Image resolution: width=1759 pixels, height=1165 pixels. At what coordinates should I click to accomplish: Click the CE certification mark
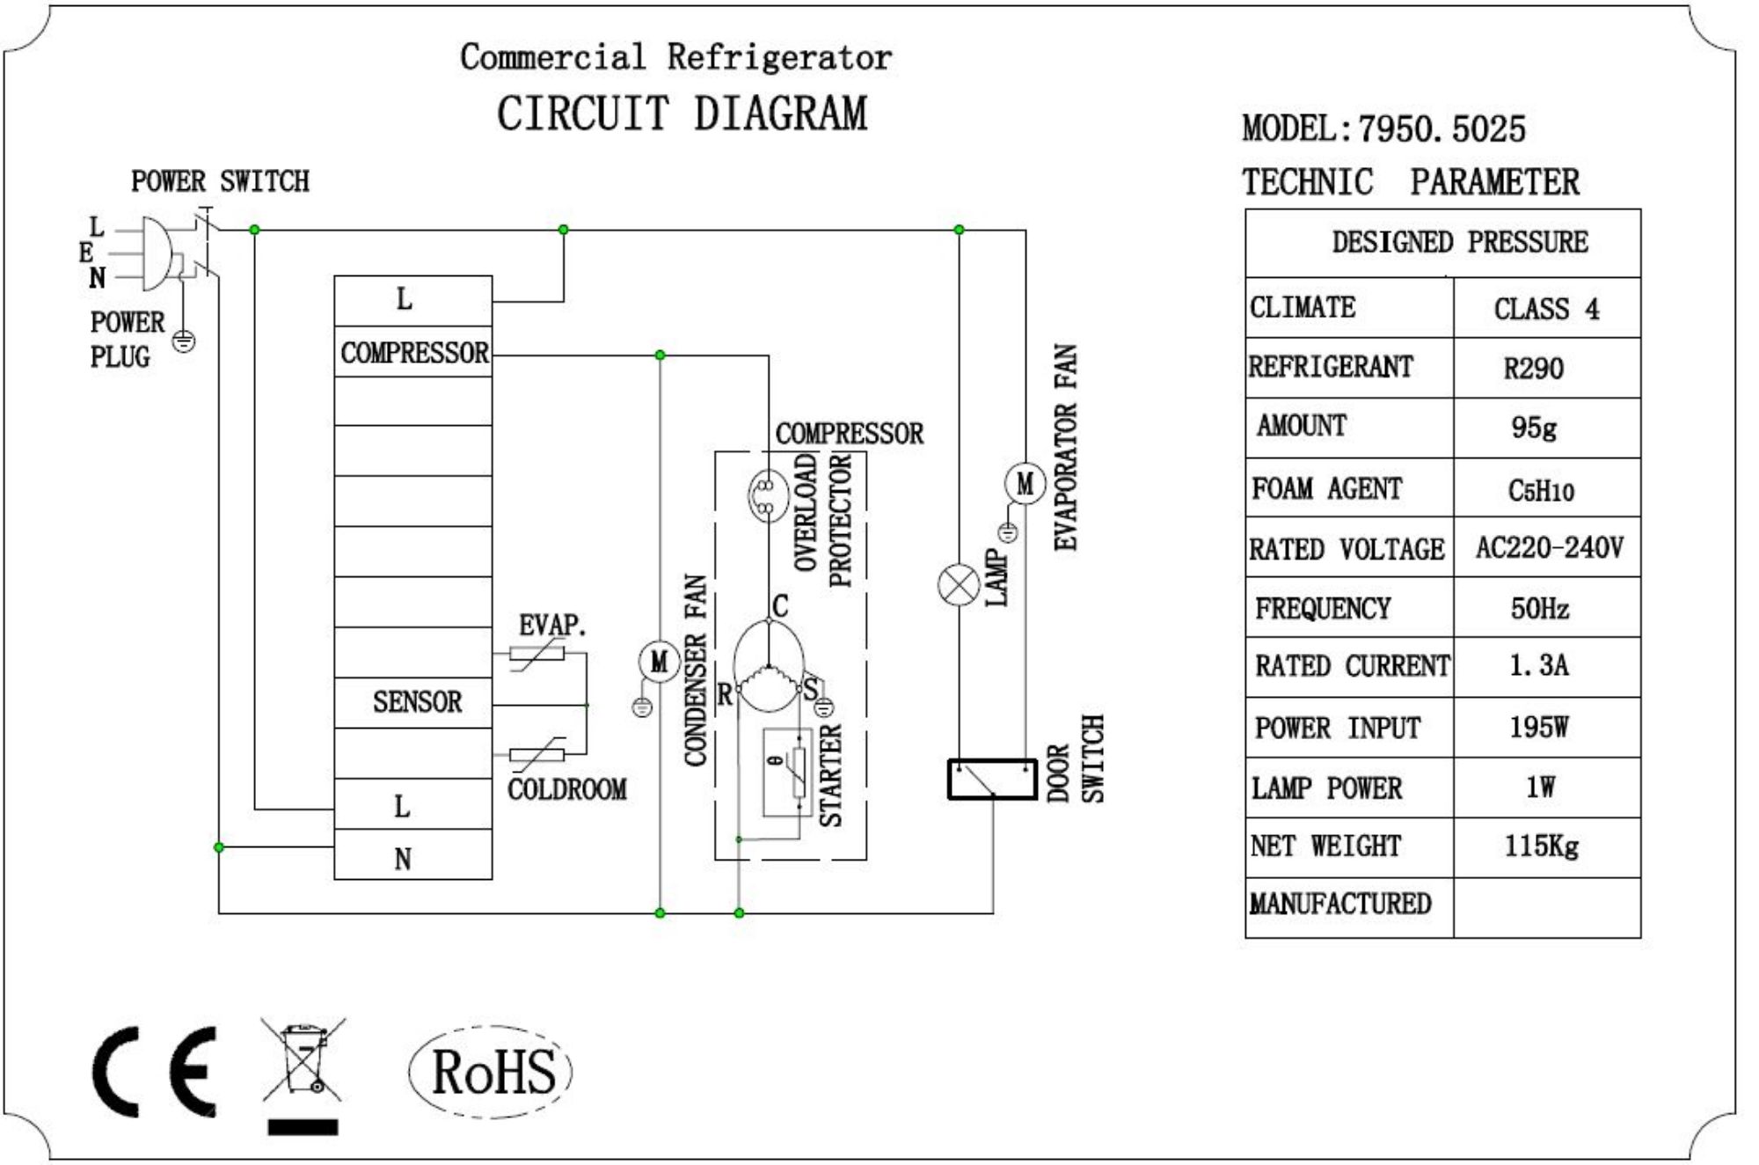[155, 1071]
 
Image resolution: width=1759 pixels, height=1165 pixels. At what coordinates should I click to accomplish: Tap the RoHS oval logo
[491, 1071]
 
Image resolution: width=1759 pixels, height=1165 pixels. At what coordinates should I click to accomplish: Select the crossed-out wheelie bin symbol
[303, 1062]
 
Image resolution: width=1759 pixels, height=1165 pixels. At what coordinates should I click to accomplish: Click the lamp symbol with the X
[959, 585]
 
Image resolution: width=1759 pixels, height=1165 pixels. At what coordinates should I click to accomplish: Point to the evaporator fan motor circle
[1025, 483]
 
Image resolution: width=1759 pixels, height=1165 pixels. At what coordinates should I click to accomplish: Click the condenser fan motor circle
[659, 662]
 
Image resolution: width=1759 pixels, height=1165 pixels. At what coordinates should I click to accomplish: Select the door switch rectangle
[992, 779]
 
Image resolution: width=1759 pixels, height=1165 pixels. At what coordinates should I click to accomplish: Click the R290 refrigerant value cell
[1535, 368]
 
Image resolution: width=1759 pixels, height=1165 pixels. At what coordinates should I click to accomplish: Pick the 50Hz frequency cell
[1539, 608]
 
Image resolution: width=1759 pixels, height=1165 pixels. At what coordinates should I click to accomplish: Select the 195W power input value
[1539, 727]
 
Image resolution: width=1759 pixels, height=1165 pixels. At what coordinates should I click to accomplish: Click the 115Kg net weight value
[1541, 846]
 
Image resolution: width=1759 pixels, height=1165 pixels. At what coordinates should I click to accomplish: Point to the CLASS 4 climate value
[1546, 309]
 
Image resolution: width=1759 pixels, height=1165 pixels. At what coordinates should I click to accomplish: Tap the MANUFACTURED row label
[1340, 905]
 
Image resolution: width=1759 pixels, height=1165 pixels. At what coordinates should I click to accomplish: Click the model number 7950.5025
[1442, 129]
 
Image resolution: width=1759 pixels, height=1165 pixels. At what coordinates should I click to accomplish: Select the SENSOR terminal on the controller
[416, 702]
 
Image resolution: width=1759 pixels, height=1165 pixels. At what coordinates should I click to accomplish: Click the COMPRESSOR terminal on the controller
[413, 353]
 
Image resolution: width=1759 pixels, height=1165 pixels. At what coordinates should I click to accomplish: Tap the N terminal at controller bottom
[403, 858]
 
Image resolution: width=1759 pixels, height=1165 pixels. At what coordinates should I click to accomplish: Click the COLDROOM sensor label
[567, 789]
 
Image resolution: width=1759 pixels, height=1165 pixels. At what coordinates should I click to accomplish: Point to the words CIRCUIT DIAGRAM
[682, 114]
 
